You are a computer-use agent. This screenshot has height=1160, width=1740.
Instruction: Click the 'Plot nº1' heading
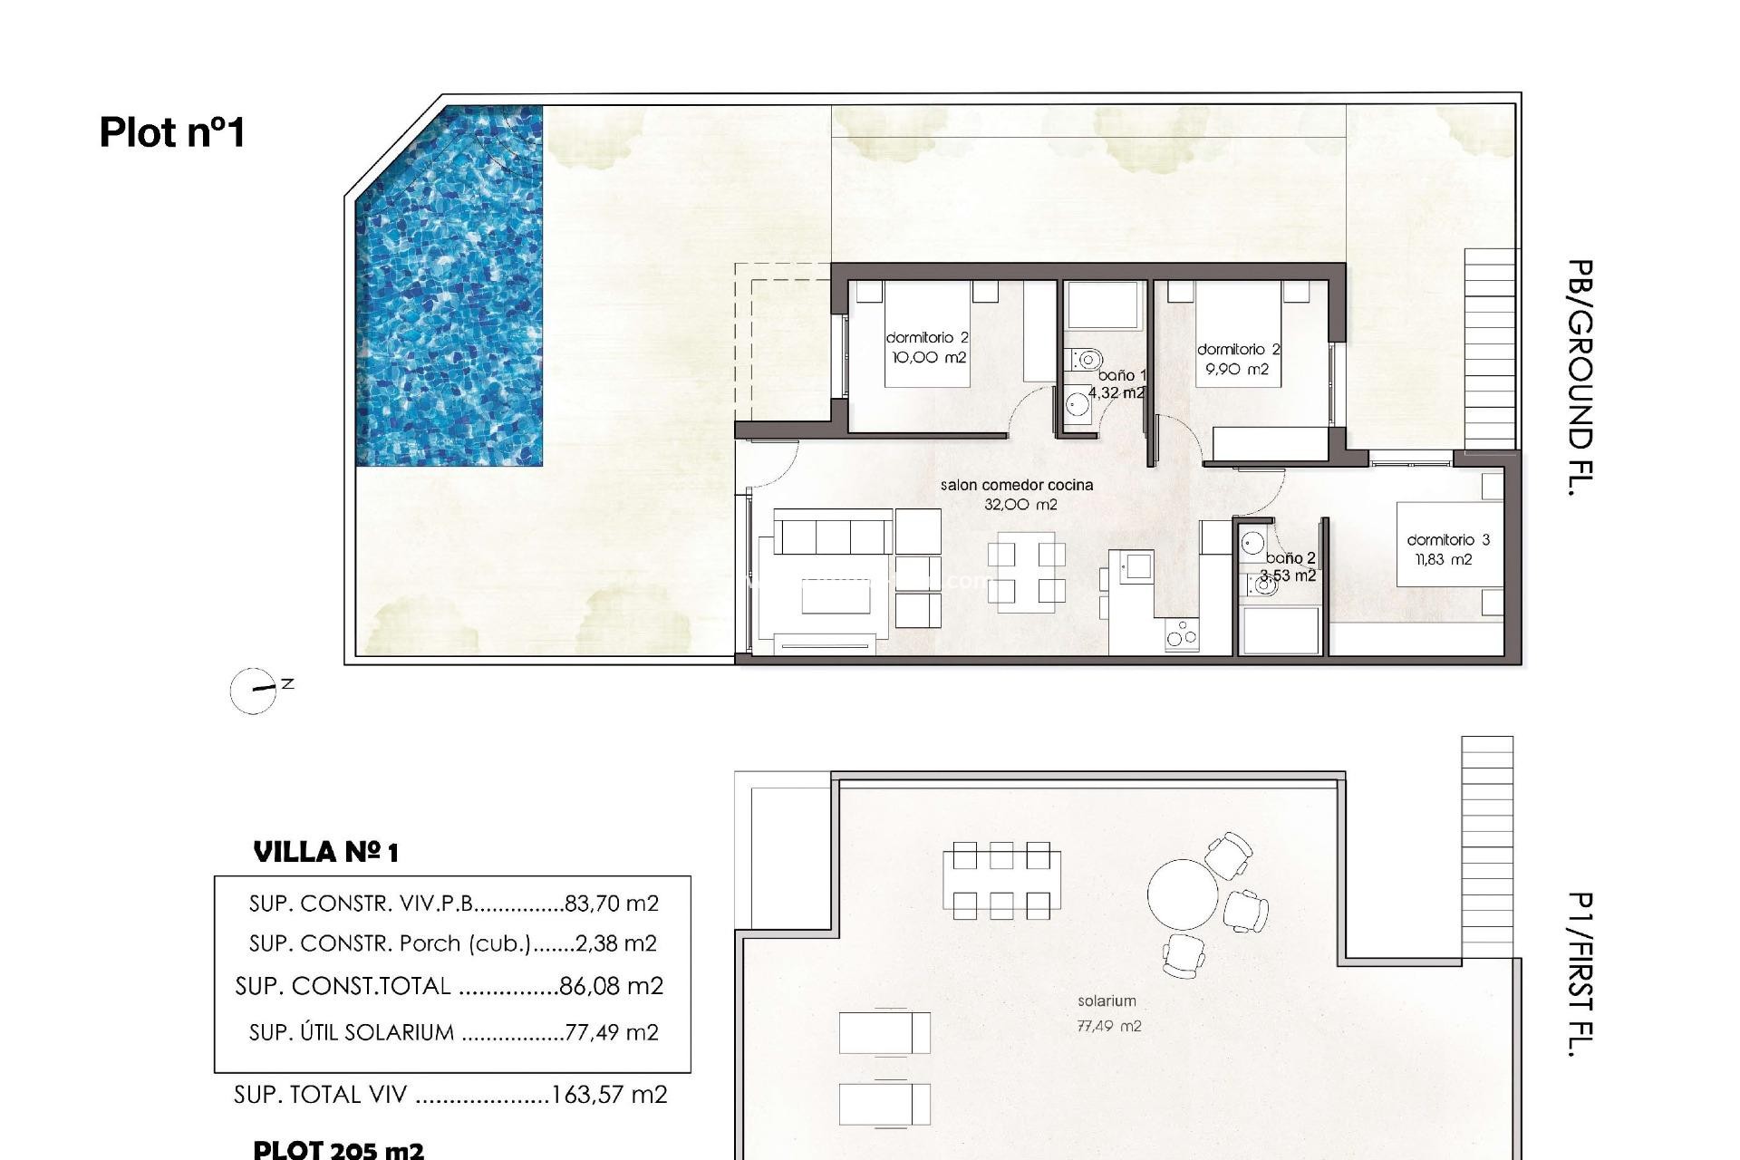(172, 132)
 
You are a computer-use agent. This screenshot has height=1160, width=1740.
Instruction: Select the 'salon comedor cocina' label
(1017, 485)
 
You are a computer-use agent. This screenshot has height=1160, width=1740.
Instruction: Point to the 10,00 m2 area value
(929, 358)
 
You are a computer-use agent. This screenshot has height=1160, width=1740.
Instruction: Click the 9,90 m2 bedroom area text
(1237, 370)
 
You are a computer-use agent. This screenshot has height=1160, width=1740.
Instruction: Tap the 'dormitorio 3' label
(1447, 540)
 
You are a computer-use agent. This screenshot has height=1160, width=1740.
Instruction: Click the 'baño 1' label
(1122, 375)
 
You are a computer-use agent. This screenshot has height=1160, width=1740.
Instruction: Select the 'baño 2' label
(1290, 558)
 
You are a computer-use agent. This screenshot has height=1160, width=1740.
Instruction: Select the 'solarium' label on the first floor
(1107, 1001)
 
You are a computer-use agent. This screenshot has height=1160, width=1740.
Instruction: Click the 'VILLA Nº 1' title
(325, 852)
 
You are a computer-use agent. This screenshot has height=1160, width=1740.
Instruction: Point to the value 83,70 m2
(611, 904)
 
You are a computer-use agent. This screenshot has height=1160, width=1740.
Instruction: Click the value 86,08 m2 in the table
(611, 986)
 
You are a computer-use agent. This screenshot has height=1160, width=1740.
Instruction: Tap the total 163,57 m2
(609, 1095)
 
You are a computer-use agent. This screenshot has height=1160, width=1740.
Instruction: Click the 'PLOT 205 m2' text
(338, 1150)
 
